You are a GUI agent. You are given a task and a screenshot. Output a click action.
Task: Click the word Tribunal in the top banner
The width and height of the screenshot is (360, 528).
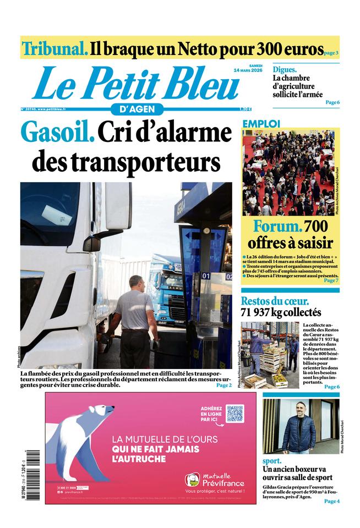54,48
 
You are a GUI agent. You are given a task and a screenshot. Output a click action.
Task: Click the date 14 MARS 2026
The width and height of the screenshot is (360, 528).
248,70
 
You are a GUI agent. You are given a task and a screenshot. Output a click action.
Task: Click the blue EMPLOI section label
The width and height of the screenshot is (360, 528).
261,124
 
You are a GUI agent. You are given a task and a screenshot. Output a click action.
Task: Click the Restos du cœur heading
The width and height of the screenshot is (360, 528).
274,301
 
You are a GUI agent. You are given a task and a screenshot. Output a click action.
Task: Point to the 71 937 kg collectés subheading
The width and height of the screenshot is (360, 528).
280,312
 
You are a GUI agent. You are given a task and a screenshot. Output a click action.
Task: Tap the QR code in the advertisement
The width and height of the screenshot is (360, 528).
234,413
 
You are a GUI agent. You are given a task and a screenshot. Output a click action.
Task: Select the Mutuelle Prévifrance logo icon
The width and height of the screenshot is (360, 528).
192,480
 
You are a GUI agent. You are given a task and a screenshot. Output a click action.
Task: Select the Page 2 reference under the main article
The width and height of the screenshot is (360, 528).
223,385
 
